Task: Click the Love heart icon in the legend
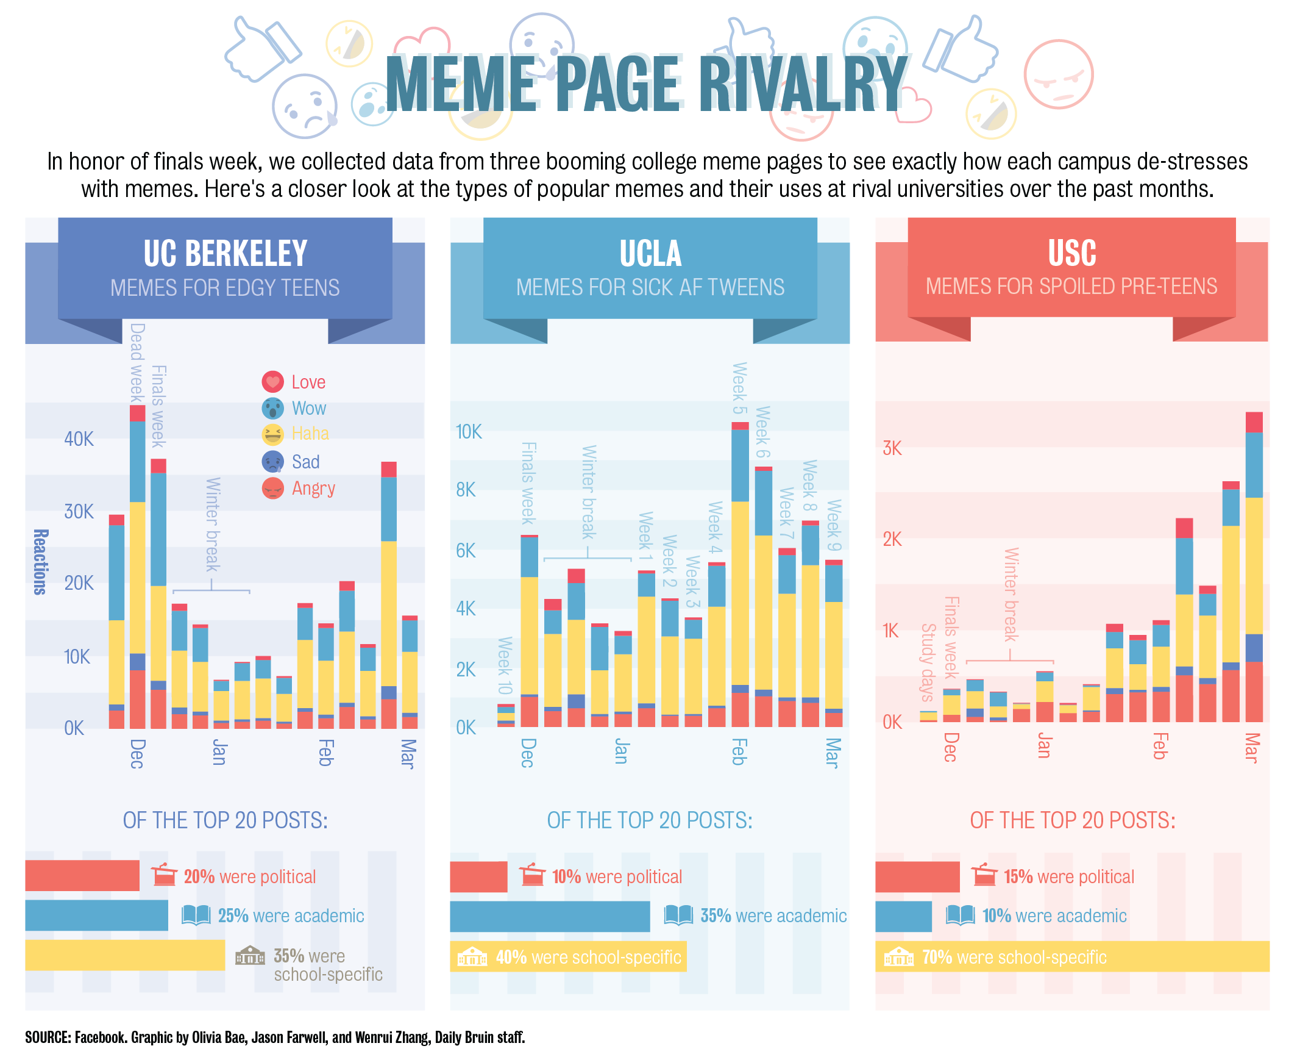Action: pos(272,382)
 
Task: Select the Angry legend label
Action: pos(313,489)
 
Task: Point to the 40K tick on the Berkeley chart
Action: pos(79,439)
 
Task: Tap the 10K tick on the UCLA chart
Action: pos(469,432)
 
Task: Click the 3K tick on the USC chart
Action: pos(892,448)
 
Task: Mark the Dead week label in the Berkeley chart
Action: pos(137,362)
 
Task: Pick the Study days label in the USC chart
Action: pos(927,662)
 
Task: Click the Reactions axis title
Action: pos(40,562)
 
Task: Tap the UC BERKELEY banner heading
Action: pos(225,253)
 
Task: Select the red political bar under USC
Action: pos(917,876)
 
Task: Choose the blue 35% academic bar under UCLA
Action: pos(550,916)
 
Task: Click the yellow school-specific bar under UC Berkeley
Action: pos(125,955)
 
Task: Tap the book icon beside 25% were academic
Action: pos(196,915)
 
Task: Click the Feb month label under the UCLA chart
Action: pos(738,751)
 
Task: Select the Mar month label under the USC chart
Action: pos(1251,748)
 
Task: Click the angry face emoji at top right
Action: pos(1059,74)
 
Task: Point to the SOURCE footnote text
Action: pos(275,1037)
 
